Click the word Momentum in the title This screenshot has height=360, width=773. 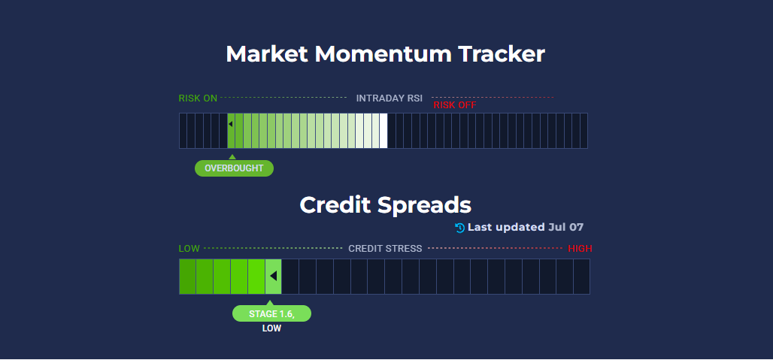click(x=383, y=53)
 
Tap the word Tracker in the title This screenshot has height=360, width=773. click(x=502, y=53)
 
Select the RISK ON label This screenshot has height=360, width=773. click(x=198, y=98)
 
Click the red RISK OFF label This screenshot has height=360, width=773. click(x=455, y=105)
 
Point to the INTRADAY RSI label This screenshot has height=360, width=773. click(x=390, y=98)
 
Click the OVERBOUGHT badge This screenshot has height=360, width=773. click(x=234, y=168)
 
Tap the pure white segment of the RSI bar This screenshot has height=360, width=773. click(x=383, y=131)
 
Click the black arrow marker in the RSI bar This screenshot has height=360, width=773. click(x=230, y=124)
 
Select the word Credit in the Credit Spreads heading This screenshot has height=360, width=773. click(x=335, y=205)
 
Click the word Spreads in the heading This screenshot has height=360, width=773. click(x=424, y=206)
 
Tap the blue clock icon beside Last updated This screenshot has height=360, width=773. click(x=460, y=228)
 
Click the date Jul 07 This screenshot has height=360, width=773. click(x=566, y=227)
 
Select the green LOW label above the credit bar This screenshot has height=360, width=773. click(x=189, y=249)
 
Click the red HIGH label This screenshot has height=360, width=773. click(x=581, y=249)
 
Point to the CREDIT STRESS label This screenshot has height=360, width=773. click(x=385, y=249)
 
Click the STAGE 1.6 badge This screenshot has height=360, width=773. click(x=271, y=313)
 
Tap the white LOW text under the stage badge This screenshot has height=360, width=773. click(x=271, y=328)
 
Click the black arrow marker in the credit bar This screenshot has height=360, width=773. click(x=273, y=276)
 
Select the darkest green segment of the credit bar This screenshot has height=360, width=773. click(x=187, y=277)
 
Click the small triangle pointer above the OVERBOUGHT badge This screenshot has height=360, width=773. click(x=232, y=157)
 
